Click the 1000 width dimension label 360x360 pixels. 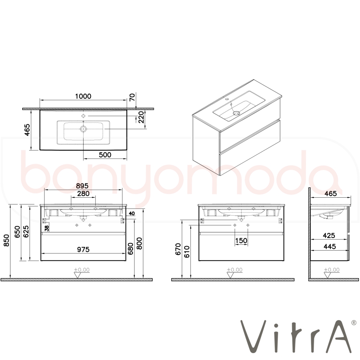pyautogui.click(x=83, y=96)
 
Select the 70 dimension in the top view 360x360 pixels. pyautogui.click(x=132, y=97)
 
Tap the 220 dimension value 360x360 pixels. pyautogui.click(x=141, y=117)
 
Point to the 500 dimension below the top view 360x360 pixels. pyautogui.click(x=105, y=155)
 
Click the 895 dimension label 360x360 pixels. pyautogui.click(x=82, y=186)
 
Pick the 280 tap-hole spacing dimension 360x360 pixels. pyautogui.click(x=83, y=194)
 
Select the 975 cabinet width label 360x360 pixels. pyautogui.click(x=83, y=249)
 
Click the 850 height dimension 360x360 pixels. pyautogui.click(x=6, y=240)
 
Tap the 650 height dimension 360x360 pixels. pyautogui.click(x=17, y=231)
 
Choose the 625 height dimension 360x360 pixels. pyautogui.click(x=26, y=231)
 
